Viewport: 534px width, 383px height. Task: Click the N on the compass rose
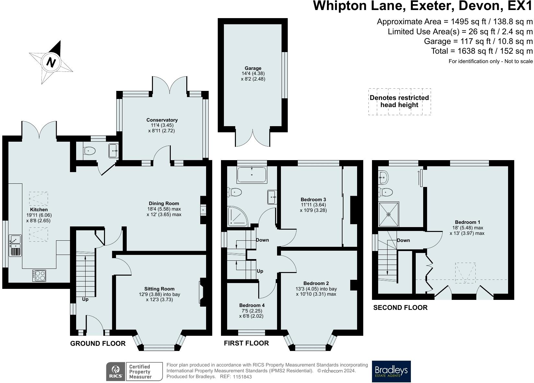tap(51, 62)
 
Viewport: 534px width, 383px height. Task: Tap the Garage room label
tap(253, 68)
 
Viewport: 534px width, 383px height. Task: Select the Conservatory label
tap(162, 120)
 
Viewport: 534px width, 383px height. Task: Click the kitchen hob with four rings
tap(39, 276)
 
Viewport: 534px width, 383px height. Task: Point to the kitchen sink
tap(15, 246)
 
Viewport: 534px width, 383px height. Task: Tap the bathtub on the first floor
tap(252, 175)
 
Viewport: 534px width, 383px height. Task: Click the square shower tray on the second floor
tap(389, 214)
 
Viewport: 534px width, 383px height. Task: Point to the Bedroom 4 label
tap(252, 305)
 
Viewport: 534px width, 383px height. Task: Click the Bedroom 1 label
tap(467, 222)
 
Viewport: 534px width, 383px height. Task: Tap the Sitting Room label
tap(159, 289)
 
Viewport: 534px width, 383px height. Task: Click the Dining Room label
tap(164, 203)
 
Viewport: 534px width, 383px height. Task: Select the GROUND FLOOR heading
tap(98, 344)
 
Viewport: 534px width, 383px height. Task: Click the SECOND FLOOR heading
tap(400, 308)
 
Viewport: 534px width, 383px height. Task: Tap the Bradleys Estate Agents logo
tap(391, 371)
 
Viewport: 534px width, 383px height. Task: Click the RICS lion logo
tap(116, 371)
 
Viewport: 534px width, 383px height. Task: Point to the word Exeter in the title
tap(432, 6)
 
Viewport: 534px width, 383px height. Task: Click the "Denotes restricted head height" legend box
tap(400, 102)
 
